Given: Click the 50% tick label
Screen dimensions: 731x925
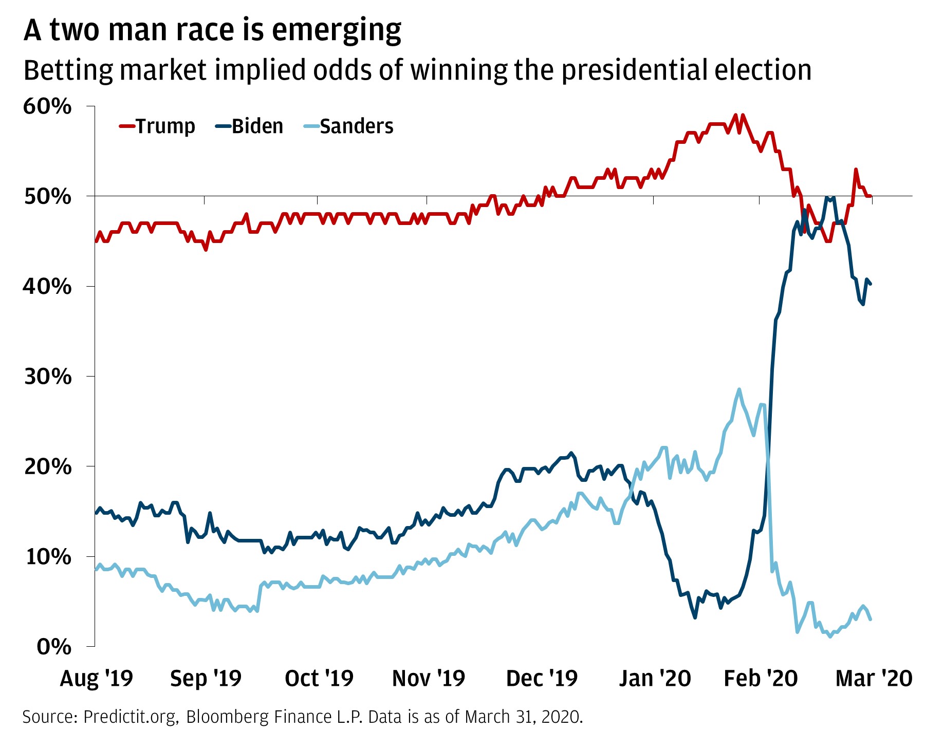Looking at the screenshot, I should pyautogui.click(x=47, y=196).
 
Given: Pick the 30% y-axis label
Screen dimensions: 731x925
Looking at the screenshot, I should pyautogui.click(x=47, y=377).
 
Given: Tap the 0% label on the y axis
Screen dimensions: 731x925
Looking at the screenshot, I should pyautogui.click(x=53, y=647).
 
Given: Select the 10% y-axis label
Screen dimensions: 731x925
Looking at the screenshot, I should pyautogui.click(x=47, y=557).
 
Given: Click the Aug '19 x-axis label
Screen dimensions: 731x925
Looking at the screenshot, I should pyautogui.click(x=96, y=679).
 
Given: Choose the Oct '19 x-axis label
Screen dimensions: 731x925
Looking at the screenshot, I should pyautogui.click(x=319, y=679).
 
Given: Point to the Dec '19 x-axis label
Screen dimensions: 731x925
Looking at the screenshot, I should pyautogui.click(x=542, y=679).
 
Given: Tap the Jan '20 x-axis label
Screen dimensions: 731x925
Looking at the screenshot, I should pyautogui.click(x=655, y=679).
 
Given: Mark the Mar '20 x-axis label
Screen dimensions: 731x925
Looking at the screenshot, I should pyautogui.click(x=874, y=679).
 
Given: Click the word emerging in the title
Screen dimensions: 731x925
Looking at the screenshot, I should pyautogui.click(x=336, y=31).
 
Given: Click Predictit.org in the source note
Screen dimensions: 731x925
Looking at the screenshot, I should pyautogui.click(x=130, y=717).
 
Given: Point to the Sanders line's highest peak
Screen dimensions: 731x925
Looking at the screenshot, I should pyautogui.click(x=739, y=389).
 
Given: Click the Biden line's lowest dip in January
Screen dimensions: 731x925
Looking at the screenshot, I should pyautogui.click(x=695, y=617).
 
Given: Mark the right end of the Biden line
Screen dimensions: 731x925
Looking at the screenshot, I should pyautogui.click(x=871, y=284).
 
